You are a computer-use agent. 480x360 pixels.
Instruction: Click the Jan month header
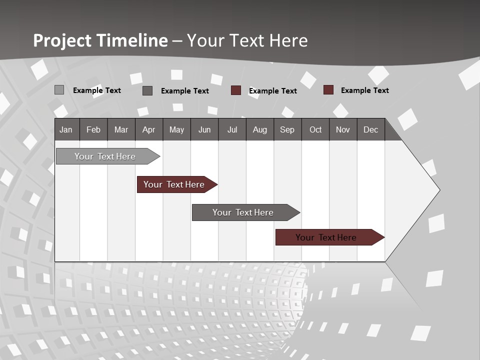coord(66,129)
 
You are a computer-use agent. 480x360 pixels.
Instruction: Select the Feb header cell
coord(93,129)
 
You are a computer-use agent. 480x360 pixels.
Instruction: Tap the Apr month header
coord(148,129)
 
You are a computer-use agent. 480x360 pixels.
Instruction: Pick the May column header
coord(176,129)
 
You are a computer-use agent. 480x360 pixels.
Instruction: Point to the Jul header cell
coord(232,129)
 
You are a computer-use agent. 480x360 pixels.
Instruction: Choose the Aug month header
coord(259,129)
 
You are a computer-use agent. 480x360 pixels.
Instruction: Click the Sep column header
coord(287,129)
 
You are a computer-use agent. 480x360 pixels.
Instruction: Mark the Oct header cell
coord(315,129)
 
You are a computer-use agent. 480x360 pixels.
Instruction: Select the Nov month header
coord(343,129)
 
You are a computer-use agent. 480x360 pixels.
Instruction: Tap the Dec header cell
coord(370,129)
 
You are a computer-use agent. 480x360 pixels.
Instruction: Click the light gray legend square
coord(59,90)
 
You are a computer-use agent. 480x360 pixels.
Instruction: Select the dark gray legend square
coord(147,90)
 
